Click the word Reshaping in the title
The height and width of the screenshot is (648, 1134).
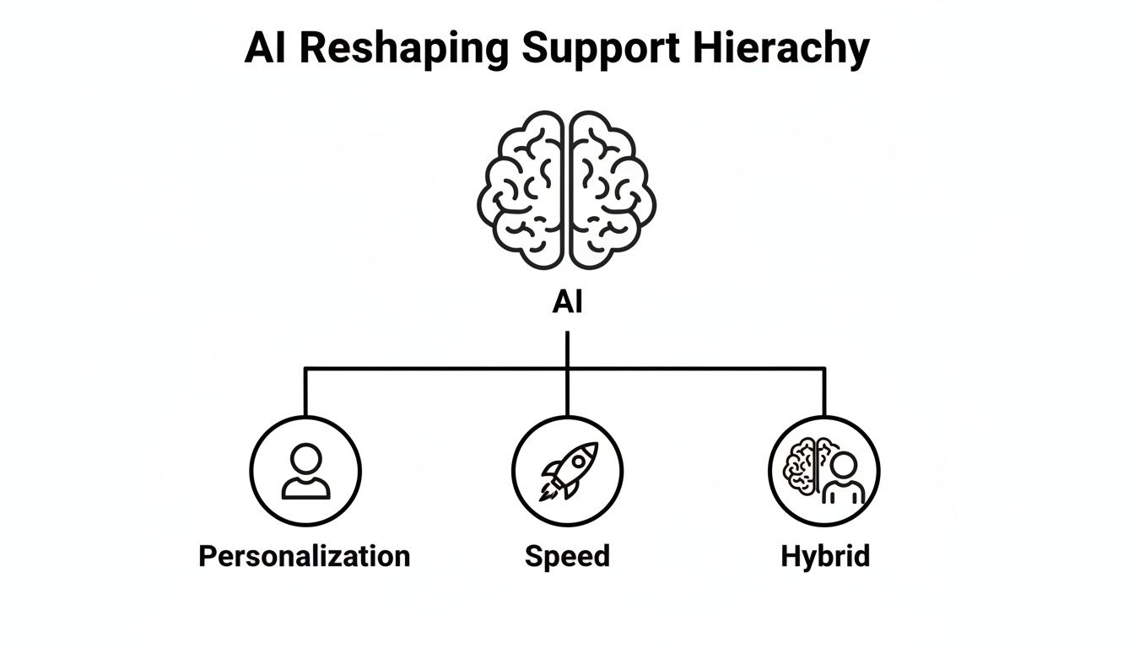click(403, 50)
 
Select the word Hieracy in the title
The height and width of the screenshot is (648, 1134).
click(781, 50)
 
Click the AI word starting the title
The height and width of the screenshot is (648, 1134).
click(266, 50)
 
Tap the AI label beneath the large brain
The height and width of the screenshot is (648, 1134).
click(567, 303)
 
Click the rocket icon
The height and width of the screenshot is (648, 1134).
click(570, 468)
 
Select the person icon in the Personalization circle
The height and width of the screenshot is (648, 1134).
click(305, 471)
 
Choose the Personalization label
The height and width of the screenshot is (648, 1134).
click(304, 557)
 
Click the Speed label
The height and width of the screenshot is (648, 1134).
click(567, 557)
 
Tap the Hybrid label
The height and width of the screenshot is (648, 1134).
click(824, 557)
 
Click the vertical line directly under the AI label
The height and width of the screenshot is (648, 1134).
click(567, 348)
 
